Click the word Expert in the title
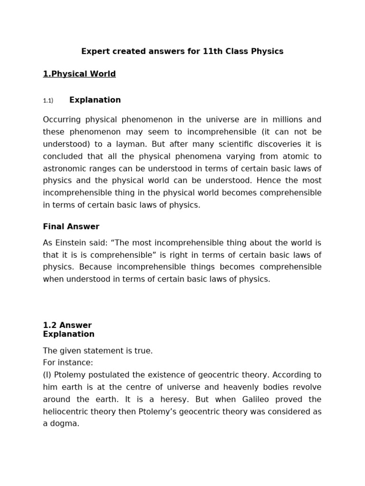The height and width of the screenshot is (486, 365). [x=94, y=51]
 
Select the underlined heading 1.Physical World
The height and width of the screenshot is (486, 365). [x=79, y=74]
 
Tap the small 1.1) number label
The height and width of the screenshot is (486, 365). [x=48, y=101]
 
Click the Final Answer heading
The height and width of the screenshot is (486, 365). [x=71, y=226]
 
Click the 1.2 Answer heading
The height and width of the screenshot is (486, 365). [x=67, y=325]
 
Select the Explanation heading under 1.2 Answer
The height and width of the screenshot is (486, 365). [x=69, y=334]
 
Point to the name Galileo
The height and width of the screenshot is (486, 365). [x=247, y=399]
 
